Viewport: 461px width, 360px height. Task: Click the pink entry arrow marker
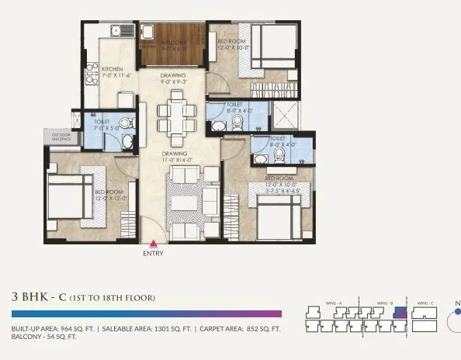click(153, 243)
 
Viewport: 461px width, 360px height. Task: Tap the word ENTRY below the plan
click(153, 253)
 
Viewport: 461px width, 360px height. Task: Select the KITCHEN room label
click(113, 68)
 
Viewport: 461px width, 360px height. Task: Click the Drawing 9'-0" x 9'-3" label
click(172, 79)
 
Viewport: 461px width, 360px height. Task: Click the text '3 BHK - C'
click(39, 297)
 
